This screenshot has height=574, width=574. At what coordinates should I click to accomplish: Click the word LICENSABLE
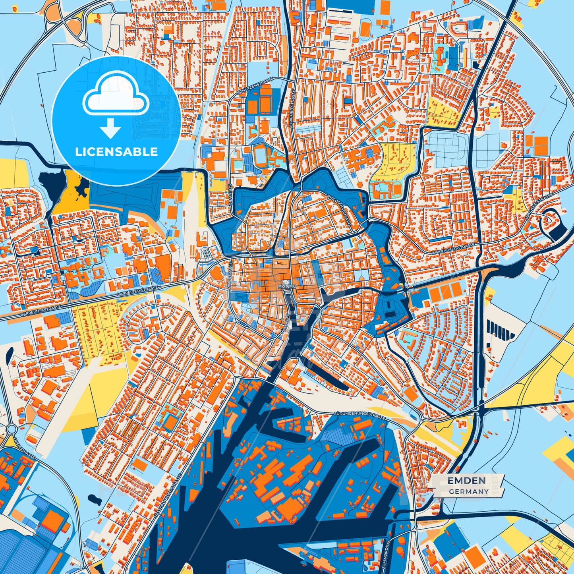(116, 152)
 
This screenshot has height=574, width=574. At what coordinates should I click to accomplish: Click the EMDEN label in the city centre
(287, 286)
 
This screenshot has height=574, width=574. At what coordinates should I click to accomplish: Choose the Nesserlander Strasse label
(167, 496)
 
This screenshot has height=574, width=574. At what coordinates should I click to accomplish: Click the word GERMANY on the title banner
(469, 491)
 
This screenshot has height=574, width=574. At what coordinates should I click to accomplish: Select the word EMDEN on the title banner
(466, 481)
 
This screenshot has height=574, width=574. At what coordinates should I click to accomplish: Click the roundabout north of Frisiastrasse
(11, 429)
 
